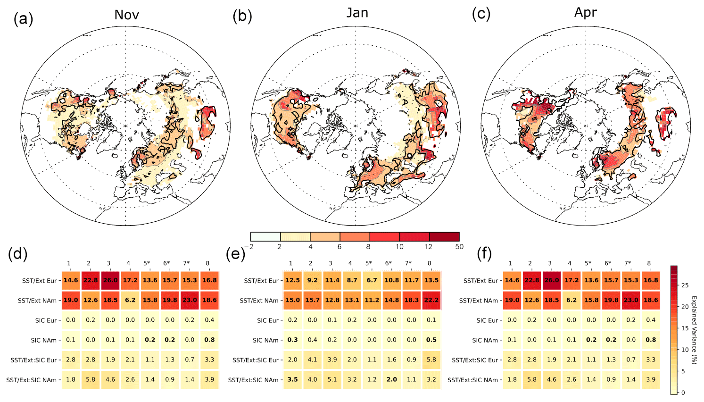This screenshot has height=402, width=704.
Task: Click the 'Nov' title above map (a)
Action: [x=126, y=15]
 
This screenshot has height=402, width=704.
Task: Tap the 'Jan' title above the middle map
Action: [x=357, y=13]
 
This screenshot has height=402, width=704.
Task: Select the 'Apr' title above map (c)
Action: [x=585, y=13]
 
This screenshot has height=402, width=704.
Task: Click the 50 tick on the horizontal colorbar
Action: [x=459, y=247]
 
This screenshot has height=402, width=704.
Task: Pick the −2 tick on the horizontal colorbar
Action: [x=250, y=247]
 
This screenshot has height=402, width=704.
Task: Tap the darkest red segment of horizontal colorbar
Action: [x=444, y=236]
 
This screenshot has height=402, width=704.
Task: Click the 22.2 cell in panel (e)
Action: [x=431, y=300]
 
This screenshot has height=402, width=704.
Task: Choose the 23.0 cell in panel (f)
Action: [x=631, y=300]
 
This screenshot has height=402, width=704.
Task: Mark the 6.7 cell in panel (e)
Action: [x=372, y=280]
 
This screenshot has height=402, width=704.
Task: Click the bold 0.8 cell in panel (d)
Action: [x=209, y=340]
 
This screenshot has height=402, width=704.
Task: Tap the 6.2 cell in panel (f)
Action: [x=571, y=300]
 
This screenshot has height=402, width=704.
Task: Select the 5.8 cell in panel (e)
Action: [x=431, y=360]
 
